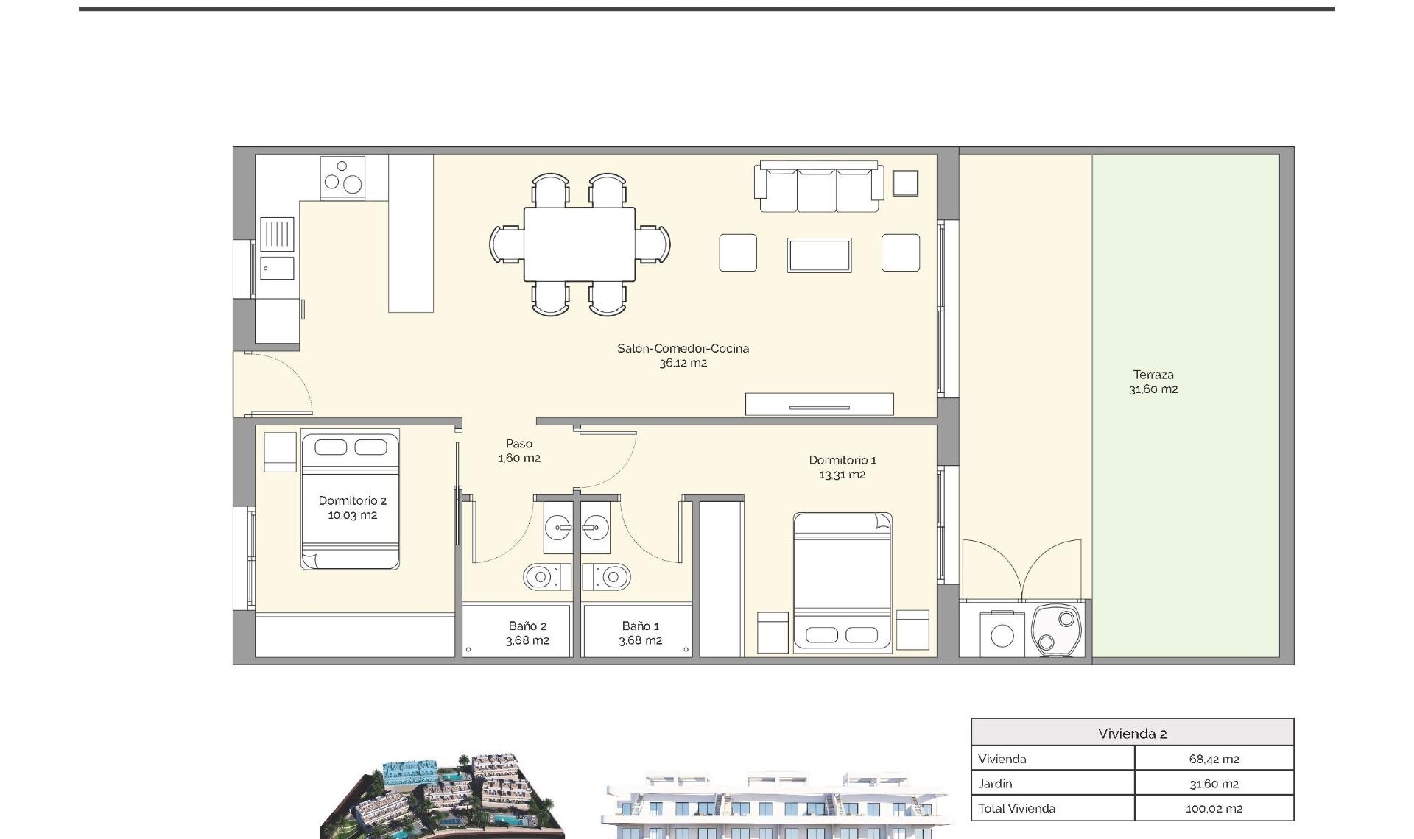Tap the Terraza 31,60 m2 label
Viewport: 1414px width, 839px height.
(x=1153, y=382)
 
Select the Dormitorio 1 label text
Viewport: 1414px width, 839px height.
(x=843, y=461)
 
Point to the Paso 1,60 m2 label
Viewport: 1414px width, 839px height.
(x=519, y=450)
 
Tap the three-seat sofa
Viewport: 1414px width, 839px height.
(x=818, y=188)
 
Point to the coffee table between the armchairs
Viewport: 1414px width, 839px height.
(x=819, y=255)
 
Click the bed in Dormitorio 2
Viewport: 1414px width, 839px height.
(x=351, y=500)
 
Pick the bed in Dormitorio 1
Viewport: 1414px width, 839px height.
(x=843, y=581)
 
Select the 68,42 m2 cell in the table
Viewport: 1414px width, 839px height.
(x=1214, y=759)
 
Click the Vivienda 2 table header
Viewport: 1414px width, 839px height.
(x=1132, y=733)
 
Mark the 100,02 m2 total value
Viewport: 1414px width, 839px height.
(x=1214, y=808)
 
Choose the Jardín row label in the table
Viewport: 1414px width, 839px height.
(x=995, y=784)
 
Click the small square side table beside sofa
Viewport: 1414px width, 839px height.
(x=905, y=183)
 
